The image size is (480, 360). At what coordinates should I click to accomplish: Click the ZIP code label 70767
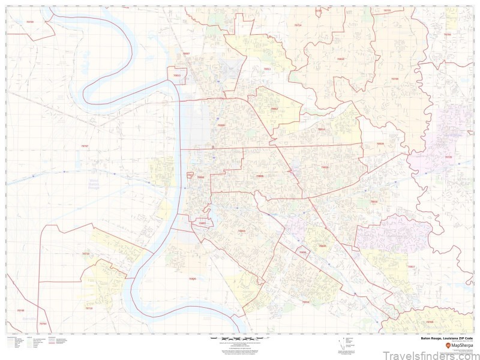(x=84, y=146)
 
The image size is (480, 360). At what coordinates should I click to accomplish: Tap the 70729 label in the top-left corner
(x=30, y=22)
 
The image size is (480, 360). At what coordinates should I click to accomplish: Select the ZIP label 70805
(x=221, y=125)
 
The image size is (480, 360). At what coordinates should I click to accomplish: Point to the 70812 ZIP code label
(x=274, y=109)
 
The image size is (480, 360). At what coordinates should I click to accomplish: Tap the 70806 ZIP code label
(x=259, y=176)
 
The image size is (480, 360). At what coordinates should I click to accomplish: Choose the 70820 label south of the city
(x=192, y=279)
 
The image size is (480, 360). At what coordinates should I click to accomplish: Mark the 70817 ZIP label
(x=411, y=266)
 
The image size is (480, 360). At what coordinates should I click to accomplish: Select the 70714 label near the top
(x=298, y=25)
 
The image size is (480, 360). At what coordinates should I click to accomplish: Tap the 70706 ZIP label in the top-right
(x=447, y=35)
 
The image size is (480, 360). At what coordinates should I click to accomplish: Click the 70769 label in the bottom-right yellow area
(x=429, y=322)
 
